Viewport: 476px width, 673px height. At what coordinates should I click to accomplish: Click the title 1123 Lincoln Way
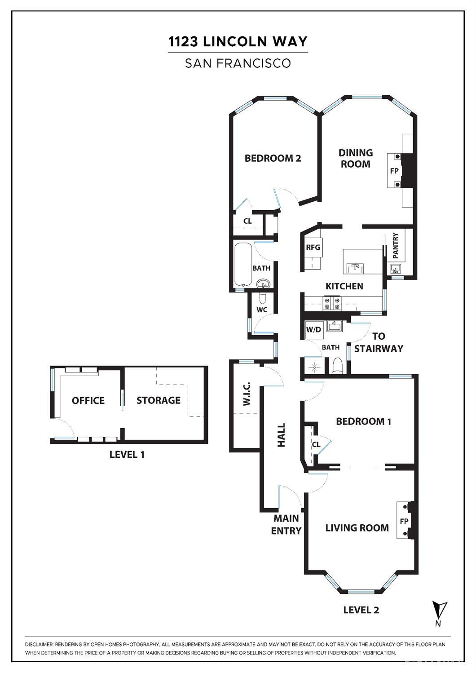click(x=238, y=42)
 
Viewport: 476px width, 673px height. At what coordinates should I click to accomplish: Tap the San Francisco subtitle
click(x=238, y=63)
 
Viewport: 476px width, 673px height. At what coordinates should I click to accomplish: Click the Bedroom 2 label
click(x=273, y=158)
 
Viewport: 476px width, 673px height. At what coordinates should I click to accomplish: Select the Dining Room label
click(x=356, y=158)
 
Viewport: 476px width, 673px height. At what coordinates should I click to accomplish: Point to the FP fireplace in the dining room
click(x=394, y=171)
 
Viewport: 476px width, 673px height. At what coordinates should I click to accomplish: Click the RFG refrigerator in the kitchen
click(x=313, y=248)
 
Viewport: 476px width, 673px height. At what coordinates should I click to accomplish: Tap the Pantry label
click(x=395, y=245)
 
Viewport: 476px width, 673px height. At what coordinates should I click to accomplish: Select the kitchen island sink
click(x=355, y=268)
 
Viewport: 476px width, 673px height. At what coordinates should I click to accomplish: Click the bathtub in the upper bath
click(x=242, y=265)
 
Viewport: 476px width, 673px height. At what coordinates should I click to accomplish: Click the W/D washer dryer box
click(x=313, y=330)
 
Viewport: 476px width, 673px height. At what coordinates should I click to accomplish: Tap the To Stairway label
click(x=379, y=342)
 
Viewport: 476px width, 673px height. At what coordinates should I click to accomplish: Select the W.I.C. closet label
click(x=247, y=394)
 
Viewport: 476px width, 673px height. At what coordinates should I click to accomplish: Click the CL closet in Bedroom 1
click(x=316, y=444)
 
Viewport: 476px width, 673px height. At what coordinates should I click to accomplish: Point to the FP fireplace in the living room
click(x=404, y=521)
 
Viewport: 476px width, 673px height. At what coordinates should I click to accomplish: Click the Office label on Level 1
click(x=88, y=400)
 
